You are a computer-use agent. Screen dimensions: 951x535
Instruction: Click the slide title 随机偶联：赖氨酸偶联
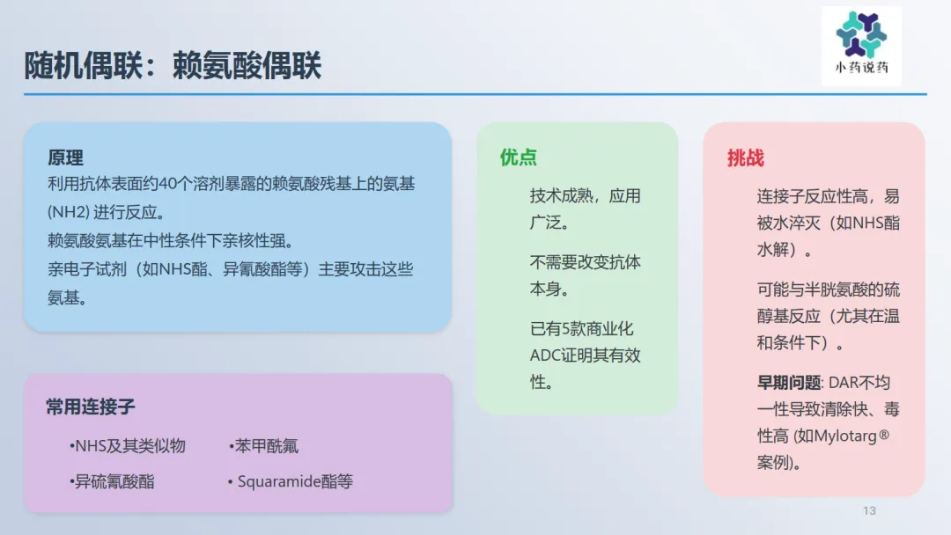coord(173,65)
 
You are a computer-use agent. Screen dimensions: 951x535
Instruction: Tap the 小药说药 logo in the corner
coord(861,46)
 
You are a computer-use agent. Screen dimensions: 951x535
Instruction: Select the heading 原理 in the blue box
coord(65,158)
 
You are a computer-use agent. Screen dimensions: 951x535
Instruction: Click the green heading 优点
coord(518,158)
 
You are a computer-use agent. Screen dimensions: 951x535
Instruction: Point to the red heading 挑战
coord(746,158)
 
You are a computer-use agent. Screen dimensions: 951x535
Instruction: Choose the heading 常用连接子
coord(91,407)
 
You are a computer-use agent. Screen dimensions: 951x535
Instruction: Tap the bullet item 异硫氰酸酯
coord(114,481)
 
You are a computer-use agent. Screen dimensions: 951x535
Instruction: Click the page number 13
coord(869,510)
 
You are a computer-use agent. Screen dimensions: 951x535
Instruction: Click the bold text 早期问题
coord(789,383)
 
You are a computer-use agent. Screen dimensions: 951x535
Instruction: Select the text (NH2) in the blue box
coord(69,212)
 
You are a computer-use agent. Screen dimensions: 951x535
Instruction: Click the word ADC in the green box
coord(545,355)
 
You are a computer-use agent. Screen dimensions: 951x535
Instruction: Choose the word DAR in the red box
coord(844,383)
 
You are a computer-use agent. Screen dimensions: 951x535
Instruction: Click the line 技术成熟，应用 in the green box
coord(585,195)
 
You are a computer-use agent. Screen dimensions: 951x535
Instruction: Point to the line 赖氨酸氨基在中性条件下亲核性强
coord(171,240)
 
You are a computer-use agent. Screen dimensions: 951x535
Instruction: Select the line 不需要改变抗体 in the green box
coord(585,262)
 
